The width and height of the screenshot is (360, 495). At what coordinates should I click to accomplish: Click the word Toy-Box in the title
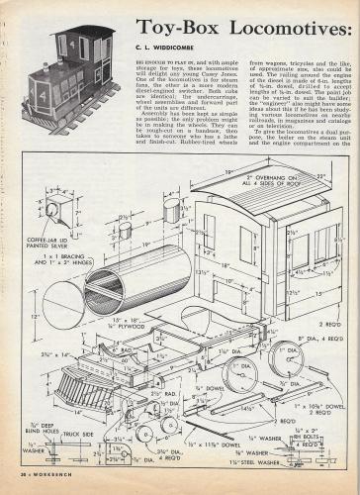pos(179,26)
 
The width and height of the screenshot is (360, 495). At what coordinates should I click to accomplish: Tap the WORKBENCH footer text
pos(45,488)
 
